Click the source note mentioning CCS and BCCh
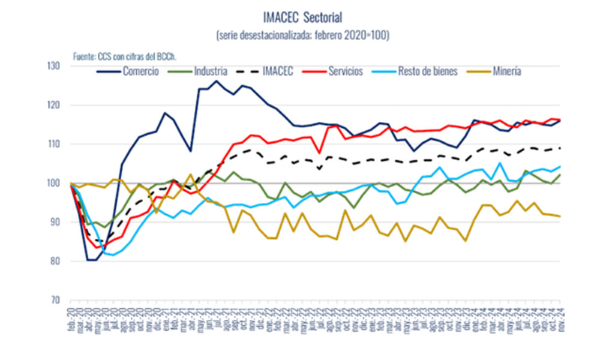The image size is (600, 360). point(128,56)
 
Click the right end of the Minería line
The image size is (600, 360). point(560,216)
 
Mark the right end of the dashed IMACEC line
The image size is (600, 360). point(560,148)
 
